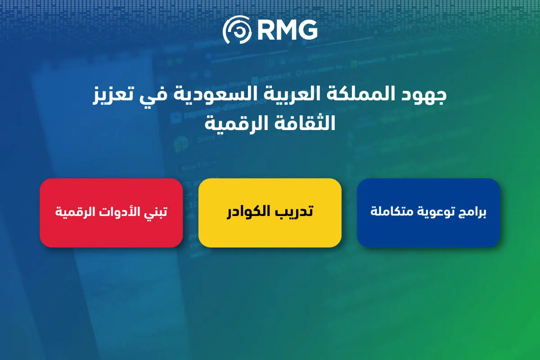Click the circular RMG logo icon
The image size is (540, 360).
[x=237, y=29]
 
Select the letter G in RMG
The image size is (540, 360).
[x=308, y=30]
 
